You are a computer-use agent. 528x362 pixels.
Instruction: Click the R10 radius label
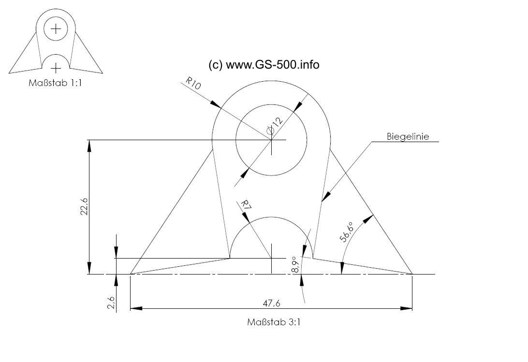coord(193,83)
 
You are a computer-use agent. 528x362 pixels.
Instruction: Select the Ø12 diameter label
coord(275,126)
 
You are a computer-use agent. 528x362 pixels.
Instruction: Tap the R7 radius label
coord(246,205)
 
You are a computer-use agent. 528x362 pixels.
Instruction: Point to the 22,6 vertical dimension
coord(84,206)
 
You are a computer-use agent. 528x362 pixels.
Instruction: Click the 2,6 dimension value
coord(112,303)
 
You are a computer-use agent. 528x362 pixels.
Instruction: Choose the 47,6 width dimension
coord(271,304)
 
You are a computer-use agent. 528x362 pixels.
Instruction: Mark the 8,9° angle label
coord(295,265)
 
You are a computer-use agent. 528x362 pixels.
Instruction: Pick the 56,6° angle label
coord(347,232)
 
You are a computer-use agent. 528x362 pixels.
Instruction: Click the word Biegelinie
coord(408,137)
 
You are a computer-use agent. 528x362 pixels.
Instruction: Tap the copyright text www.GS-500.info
coord(272,64)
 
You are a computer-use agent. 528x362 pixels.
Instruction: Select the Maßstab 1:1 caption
coord(55,83)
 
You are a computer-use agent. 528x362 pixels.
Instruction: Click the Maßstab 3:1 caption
coord(274,322)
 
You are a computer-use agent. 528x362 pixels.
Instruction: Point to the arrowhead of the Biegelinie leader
coord(326,197)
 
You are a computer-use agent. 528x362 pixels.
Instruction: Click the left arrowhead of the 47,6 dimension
coord(136,308)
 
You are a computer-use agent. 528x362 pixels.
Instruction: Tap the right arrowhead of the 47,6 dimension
coord(406,308)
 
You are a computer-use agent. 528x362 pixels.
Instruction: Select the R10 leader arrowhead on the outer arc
coord(216,104)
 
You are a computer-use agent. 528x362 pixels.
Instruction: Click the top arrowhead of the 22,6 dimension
coord(89,146)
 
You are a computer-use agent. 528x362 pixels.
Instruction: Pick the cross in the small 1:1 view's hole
coord(56,29)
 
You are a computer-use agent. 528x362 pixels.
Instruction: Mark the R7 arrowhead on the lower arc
coord(246,217)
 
